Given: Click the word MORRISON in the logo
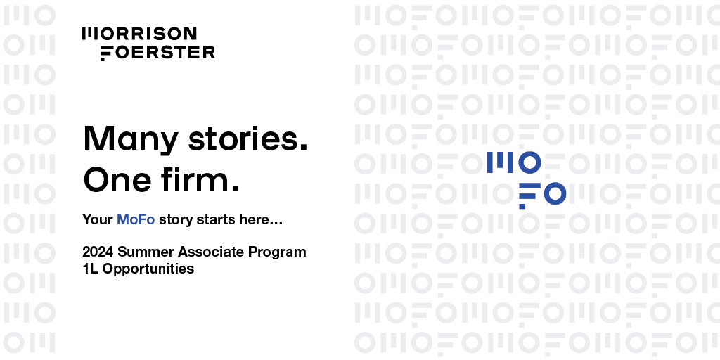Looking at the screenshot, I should pyautogui.click(x=139, y=34).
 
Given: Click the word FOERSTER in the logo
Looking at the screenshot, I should pyautogui.click(x=158, y=53).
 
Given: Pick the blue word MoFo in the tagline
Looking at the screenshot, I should pyautogui.click(x=136, y=219).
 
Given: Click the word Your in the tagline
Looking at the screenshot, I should pyautogui.click(x=97, y=219).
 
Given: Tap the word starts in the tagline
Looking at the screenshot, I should pyautogui.click(x=216, y=219).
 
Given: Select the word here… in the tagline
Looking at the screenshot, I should pyautogui.click(x=260, y=219).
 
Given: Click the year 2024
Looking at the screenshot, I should pyautogui.click(x=98, y=252).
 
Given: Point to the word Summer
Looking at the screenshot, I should pyautogui.click(x=147, y=252).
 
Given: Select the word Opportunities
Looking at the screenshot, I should pyautogui.click(x=148, y=269).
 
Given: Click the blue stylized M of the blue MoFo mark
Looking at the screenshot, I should pyautogui.click(x=501, y=163).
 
